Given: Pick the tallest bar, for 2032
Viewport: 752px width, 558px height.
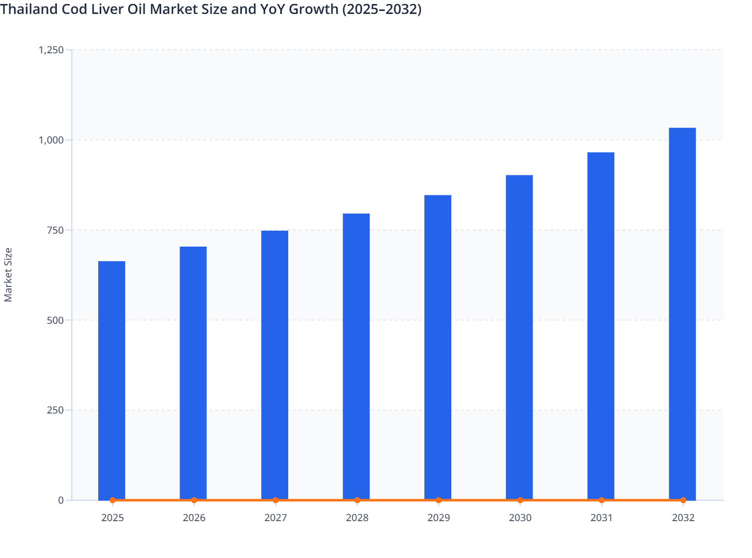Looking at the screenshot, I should coord(682,313).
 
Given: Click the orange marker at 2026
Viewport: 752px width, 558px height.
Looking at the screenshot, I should coord(194,500).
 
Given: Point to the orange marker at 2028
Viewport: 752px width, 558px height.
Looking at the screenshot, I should coord(357,500).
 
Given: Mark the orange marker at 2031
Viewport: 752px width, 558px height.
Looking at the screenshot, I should coord(601,500).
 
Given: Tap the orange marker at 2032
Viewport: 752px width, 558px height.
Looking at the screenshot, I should coord(683,500).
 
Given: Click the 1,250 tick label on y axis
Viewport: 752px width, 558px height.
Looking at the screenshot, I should coord(51,50).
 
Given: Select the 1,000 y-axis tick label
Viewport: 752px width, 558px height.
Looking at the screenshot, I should coord(51,140).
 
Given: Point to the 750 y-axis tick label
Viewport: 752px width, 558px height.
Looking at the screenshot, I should coord(55,230).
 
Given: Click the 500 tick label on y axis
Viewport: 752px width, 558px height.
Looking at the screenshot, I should coord(55,320).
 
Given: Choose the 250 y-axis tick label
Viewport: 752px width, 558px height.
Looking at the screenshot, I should coord(55,411).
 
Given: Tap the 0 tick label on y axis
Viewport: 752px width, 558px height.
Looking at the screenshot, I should coord(61,500).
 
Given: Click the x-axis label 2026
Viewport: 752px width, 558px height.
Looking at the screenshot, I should coord(194,518).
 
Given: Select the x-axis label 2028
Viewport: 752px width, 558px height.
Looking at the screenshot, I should coord(357,518).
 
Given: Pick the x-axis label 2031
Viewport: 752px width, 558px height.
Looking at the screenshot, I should coord(601,518).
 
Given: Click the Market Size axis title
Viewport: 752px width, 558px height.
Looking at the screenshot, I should coord(8,275).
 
